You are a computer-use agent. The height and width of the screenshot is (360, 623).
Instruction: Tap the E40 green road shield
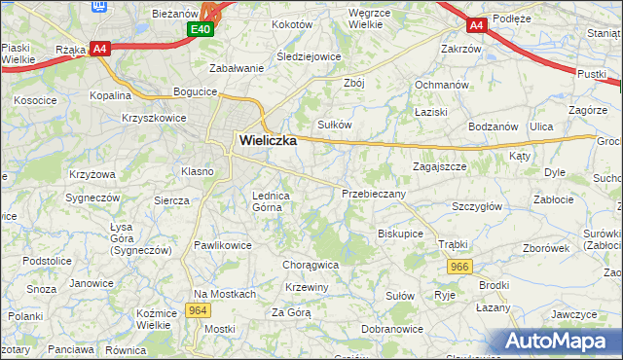point(201,31)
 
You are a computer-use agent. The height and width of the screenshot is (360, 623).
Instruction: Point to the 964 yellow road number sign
point(198,310)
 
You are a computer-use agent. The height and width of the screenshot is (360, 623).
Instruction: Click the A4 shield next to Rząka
point(99,48)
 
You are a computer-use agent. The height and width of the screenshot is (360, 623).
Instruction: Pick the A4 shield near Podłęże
point(475,25)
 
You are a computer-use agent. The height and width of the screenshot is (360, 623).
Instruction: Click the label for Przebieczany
point(374,194)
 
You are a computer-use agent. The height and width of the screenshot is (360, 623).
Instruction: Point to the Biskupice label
point(400,234)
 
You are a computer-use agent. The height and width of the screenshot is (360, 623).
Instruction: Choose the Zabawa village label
point(238,68)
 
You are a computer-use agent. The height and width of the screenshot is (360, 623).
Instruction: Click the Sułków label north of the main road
point(335,125)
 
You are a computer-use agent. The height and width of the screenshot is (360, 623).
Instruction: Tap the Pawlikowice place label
point(223,245)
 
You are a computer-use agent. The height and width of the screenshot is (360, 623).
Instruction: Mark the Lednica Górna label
point(272,200)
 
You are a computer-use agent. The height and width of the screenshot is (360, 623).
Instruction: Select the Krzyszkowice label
point(154,117)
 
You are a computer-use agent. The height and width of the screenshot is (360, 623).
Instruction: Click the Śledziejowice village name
point(309,56)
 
